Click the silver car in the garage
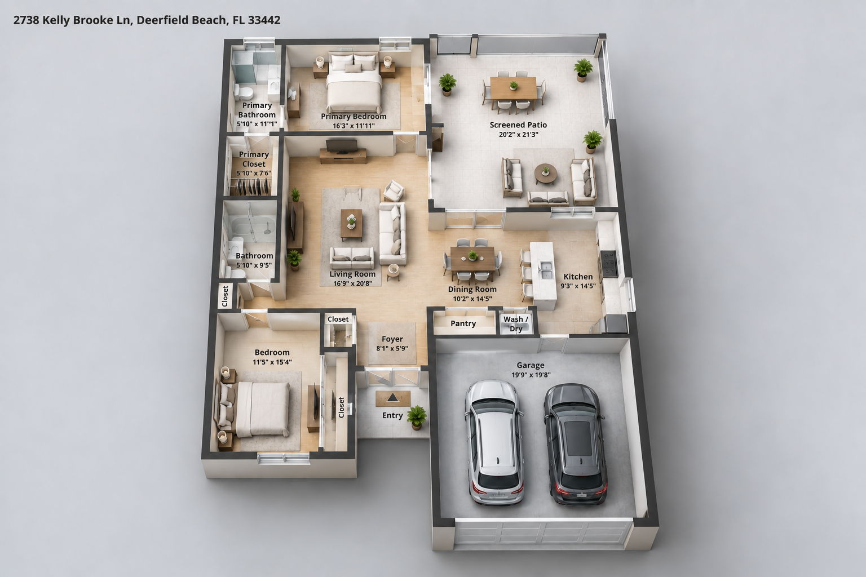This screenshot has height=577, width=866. tap(494, 442)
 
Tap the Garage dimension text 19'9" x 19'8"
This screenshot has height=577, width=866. tap(531, 375)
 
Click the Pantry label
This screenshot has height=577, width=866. tap(463, 323)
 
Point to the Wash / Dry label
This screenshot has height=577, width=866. tap(516, 324)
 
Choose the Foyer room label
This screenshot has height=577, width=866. tap(392, 339)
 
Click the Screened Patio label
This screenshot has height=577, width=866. tap(518, 125)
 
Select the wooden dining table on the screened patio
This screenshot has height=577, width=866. tap(514, 88)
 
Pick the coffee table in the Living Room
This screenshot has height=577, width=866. tap(351, 224)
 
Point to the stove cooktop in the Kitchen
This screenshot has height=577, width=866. tap(608, 263)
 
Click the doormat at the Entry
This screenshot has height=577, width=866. tap(393, 398)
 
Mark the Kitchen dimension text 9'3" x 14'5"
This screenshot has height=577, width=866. tap(578, 286)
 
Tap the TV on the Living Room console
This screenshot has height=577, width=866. tap(342, 146)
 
